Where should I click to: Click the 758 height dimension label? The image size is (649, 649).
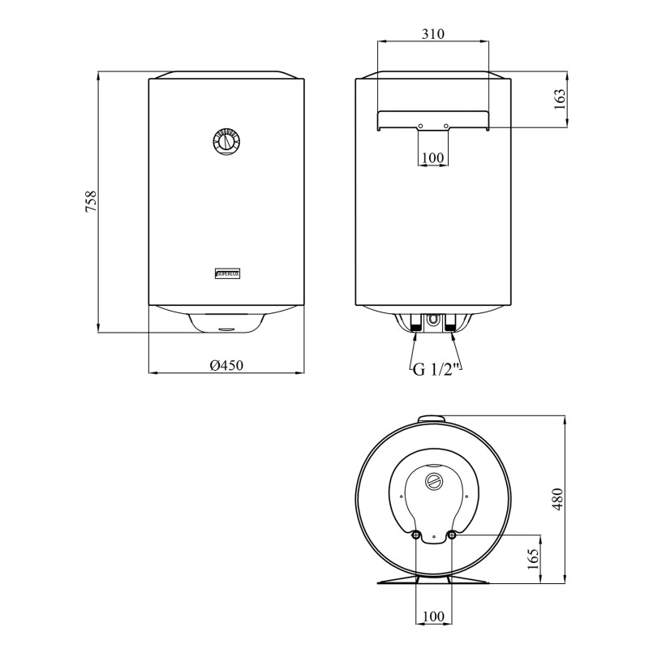[91, 201]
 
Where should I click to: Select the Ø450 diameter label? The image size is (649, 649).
[226, 365]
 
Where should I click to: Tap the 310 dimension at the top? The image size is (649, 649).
[433, 33]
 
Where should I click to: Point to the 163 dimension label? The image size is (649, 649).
[559, 98]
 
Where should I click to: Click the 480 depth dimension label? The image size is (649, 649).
[558, 499]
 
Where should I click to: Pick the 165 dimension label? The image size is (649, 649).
[534, 559]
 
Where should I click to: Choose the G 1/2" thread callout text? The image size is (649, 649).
[437, 369]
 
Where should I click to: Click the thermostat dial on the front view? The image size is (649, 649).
[226, 141]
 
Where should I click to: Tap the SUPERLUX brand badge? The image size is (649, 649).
[228, 273]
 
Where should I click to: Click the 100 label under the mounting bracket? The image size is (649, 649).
[433, 157]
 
